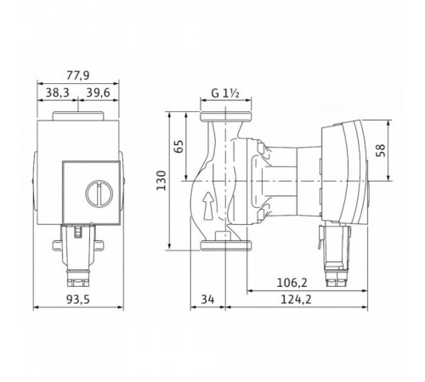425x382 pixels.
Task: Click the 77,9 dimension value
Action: pos(78,76)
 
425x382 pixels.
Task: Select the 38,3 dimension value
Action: pos(58,93)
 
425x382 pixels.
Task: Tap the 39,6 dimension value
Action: pos(98,93)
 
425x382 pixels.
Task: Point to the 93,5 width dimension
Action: pos(78,300)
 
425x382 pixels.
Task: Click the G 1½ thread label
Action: pos(225,93)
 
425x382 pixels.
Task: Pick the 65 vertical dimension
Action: pos(178,146)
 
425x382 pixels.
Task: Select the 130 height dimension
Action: pos(161,181)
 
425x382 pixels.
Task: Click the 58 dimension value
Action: pos(382,150)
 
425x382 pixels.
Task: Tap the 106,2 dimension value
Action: pos(292,283)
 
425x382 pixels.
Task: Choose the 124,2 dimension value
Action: pos(296,300)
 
